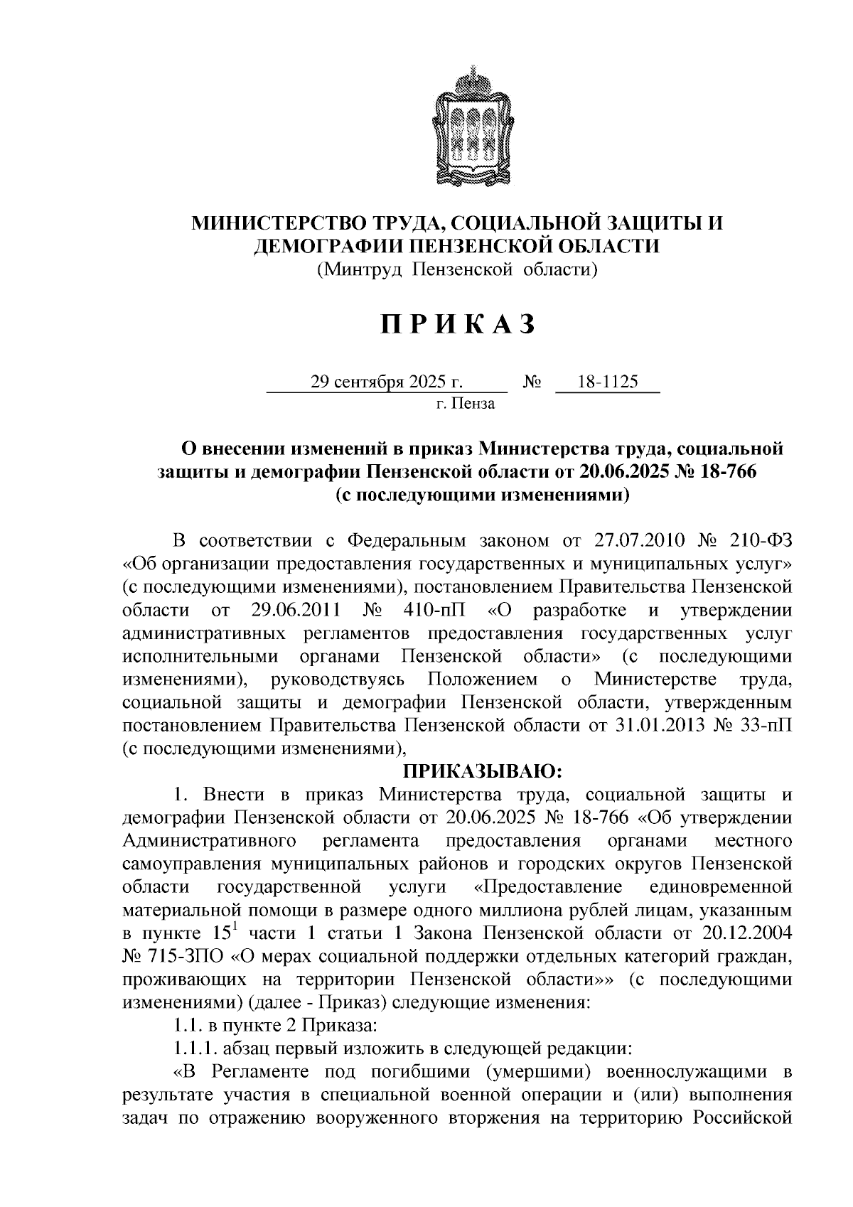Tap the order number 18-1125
pyautogui.click(x=608, y=382)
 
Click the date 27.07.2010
pyautogui.click(x=638, y=540)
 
